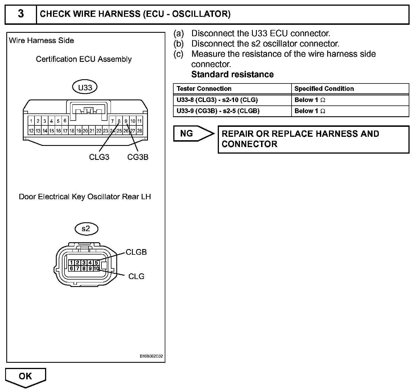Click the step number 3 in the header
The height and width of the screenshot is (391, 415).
(x=21, y=14)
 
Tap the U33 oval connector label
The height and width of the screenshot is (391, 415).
(x=85, y=87)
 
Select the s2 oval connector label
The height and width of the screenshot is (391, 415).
(x=86, y=229)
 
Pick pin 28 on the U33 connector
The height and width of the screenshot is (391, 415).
(x=139, y=131)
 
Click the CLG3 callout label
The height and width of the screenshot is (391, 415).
(x=99, y=157)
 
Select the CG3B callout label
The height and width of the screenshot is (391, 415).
(x=138, y=157)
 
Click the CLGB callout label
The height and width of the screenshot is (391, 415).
(x=136, y=252)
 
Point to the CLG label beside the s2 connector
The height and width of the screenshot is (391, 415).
(x=136, y=276)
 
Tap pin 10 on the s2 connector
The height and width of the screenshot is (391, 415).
(x=96, y=268)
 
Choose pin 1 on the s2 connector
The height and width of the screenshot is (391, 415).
(x=71, y=263)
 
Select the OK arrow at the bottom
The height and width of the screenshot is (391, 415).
(x=25, y=377)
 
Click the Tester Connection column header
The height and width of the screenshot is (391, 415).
(x=204, y=89)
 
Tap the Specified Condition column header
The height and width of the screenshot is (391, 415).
(x=324, y=89)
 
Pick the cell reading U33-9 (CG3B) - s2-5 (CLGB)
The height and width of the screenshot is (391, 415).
(x=218, y=111)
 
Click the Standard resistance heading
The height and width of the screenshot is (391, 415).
(x=232, y=74)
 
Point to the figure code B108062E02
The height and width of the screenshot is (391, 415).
(x=151, y=357)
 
